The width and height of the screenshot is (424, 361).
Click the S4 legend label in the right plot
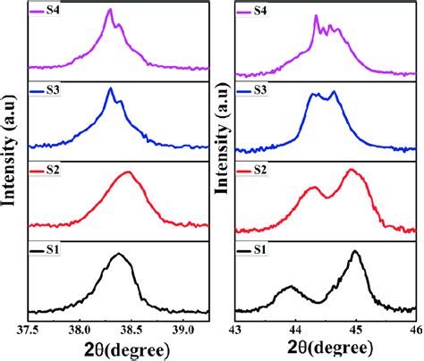tap(260, 11)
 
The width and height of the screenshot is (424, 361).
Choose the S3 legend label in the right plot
tap(260, 89)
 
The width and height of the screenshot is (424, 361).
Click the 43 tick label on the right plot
tap(236, 329)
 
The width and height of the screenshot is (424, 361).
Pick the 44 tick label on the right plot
tap(296, 329)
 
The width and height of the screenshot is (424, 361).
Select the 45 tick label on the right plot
tap(356, 329)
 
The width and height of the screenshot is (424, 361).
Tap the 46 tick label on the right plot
tap(414, 329)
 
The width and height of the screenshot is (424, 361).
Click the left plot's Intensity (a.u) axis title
tap(11, 161)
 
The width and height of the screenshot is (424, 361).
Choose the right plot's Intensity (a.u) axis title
tap(217, 161)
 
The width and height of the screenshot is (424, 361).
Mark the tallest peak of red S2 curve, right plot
tap(351, 170)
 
